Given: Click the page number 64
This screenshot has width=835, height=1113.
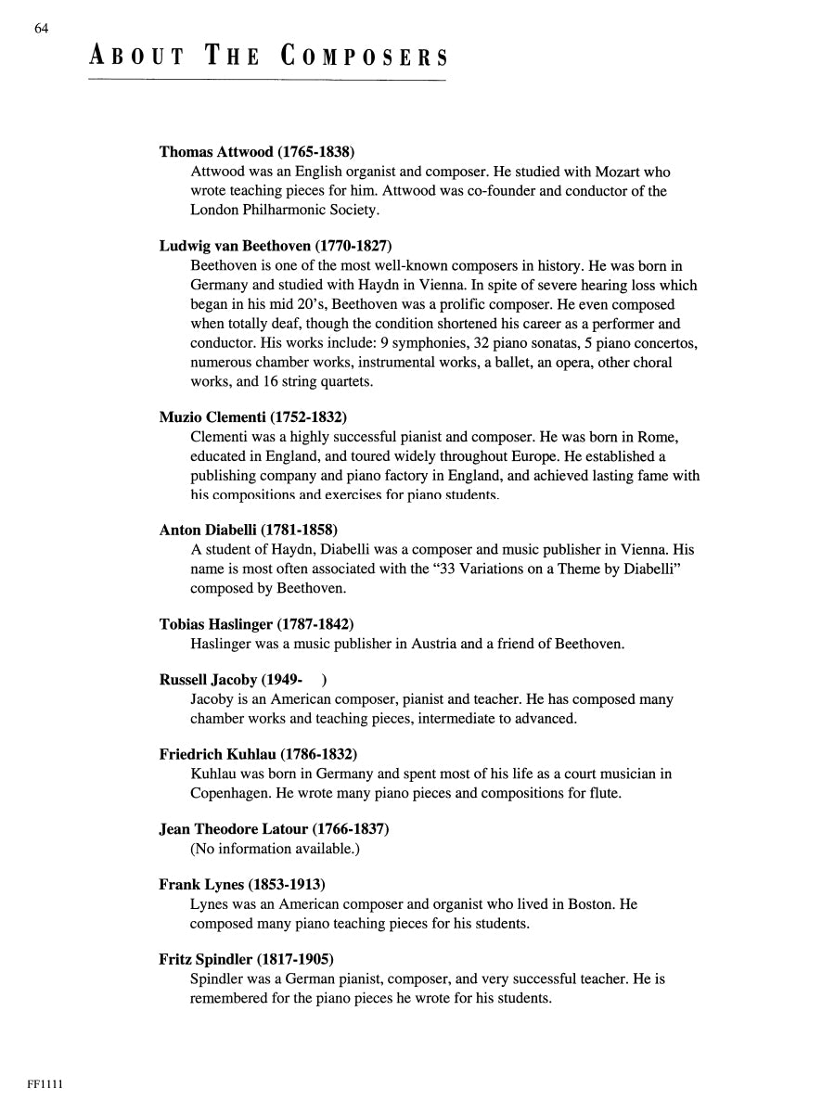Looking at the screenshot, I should [41, 29].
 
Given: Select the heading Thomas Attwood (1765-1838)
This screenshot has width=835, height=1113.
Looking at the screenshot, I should [257, 152].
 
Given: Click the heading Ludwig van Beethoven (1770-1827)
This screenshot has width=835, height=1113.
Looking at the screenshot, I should [276, 247].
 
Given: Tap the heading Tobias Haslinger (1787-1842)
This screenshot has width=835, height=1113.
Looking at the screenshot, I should [256, 624].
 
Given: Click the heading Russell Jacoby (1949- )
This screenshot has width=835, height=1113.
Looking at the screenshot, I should [243, 680].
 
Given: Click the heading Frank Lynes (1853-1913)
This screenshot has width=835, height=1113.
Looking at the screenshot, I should [242, 884].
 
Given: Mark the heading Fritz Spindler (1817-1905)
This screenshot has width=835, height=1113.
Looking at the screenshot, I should [246, 959].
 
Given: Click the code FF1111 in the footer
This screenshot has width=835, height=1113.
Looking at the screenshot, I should [44, 1084].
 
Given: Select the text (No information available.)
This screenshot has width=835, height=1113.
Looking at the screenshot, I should [275, 849].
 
